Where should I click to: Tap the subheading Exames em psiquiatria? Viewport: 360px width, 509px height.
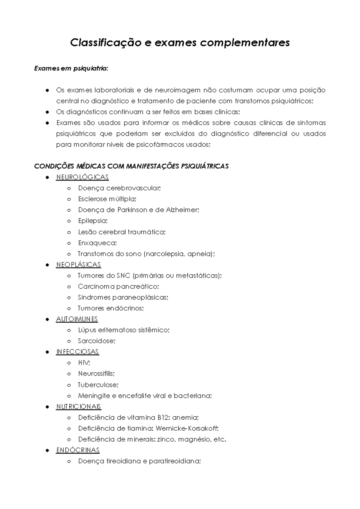click(x=71, y=69)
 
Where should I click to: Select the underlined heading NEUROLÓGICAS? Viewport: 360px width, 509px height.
click(x=82, y=177)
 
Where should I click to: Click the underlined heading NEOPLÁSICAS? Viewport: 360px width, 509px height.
click(x=78, y=265)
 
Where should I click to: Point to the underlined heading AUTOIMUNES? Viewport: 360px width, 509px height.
click(x=77, y=319)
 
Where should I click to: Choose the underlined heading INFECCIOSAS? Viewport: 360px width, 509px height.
click(x=77, y=352)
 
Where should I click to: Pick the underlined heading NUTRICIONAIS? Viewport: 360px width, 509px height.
click(x=79, y=407)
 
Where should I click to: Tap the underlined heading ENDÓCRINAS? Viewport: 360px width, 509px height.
click(x=78, y=450)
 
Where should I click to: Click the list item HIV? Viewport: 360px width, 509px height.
click(x=84, y=363)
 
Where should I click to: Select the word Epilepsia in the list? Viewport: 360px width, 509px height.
click(x=92, y=221)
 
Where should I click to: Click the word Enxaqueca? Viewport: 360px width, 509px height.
click(x=97, y=243)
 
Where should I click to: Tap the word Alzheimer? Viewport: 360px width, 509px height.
click(x=181, y=210)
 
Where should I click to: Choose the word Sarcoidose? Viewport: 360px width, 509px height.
click(x=96, y=341)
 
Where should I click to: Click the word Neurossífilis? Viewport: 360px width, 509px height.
click(x=96, y=374)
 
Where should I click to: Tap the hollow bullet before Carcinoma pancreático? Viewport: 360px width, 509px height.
click(x=69, y=287)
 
